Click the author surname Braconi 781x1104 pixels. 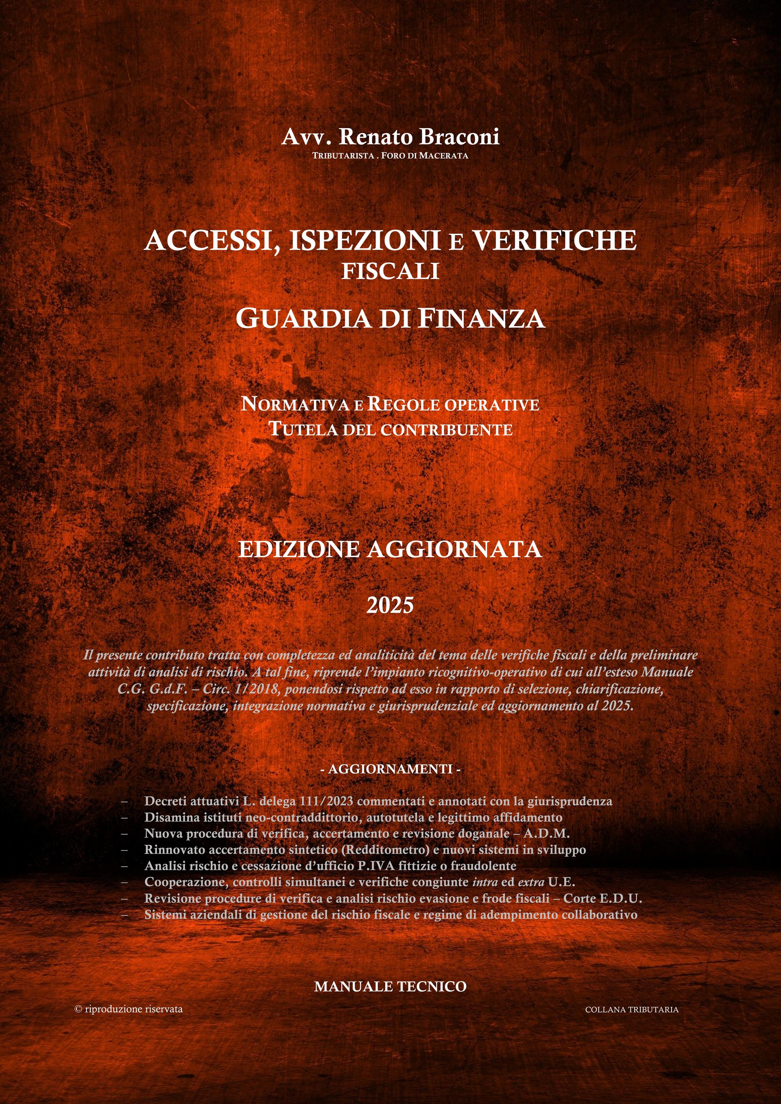(x=460, y=137)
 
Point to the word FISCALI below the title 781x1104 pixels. (x=390, y=271)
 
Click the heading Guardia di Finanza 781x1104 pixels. (x=390, y=319)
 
